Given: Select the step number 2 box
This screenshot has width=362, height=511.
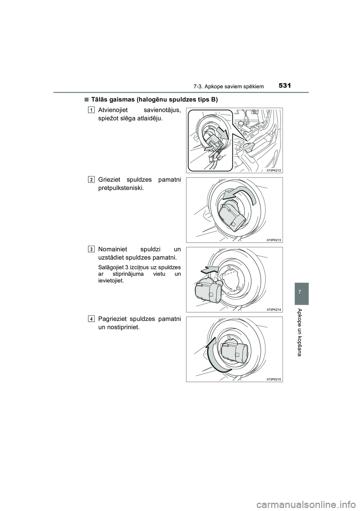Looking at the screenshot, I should [x=92, y=179].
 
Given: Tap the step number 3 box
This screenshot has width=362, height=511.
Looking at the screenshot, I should [x=92, y=249].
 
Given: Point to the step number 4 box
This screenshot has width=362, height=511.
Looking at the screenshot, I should [x=92, y=319].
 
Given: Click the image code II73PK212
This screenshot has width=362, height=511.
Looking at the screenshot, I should [x=274, y=170].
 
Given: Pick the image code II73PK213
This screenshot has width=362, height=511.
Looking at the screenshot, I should [x=274, y=240].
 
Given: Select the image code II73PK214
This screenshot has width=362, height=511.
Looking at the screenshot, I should [x=274, y=309].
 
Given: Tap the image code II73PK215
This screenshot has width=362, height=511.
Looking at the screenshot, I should [x=274, y=379].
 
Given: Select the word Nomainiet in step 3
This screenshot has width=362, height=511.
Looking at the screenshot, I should [x=113, y=249].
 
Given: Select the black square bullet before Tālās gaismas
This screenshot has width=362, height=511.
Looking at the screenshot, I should [x=86, y=100].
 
